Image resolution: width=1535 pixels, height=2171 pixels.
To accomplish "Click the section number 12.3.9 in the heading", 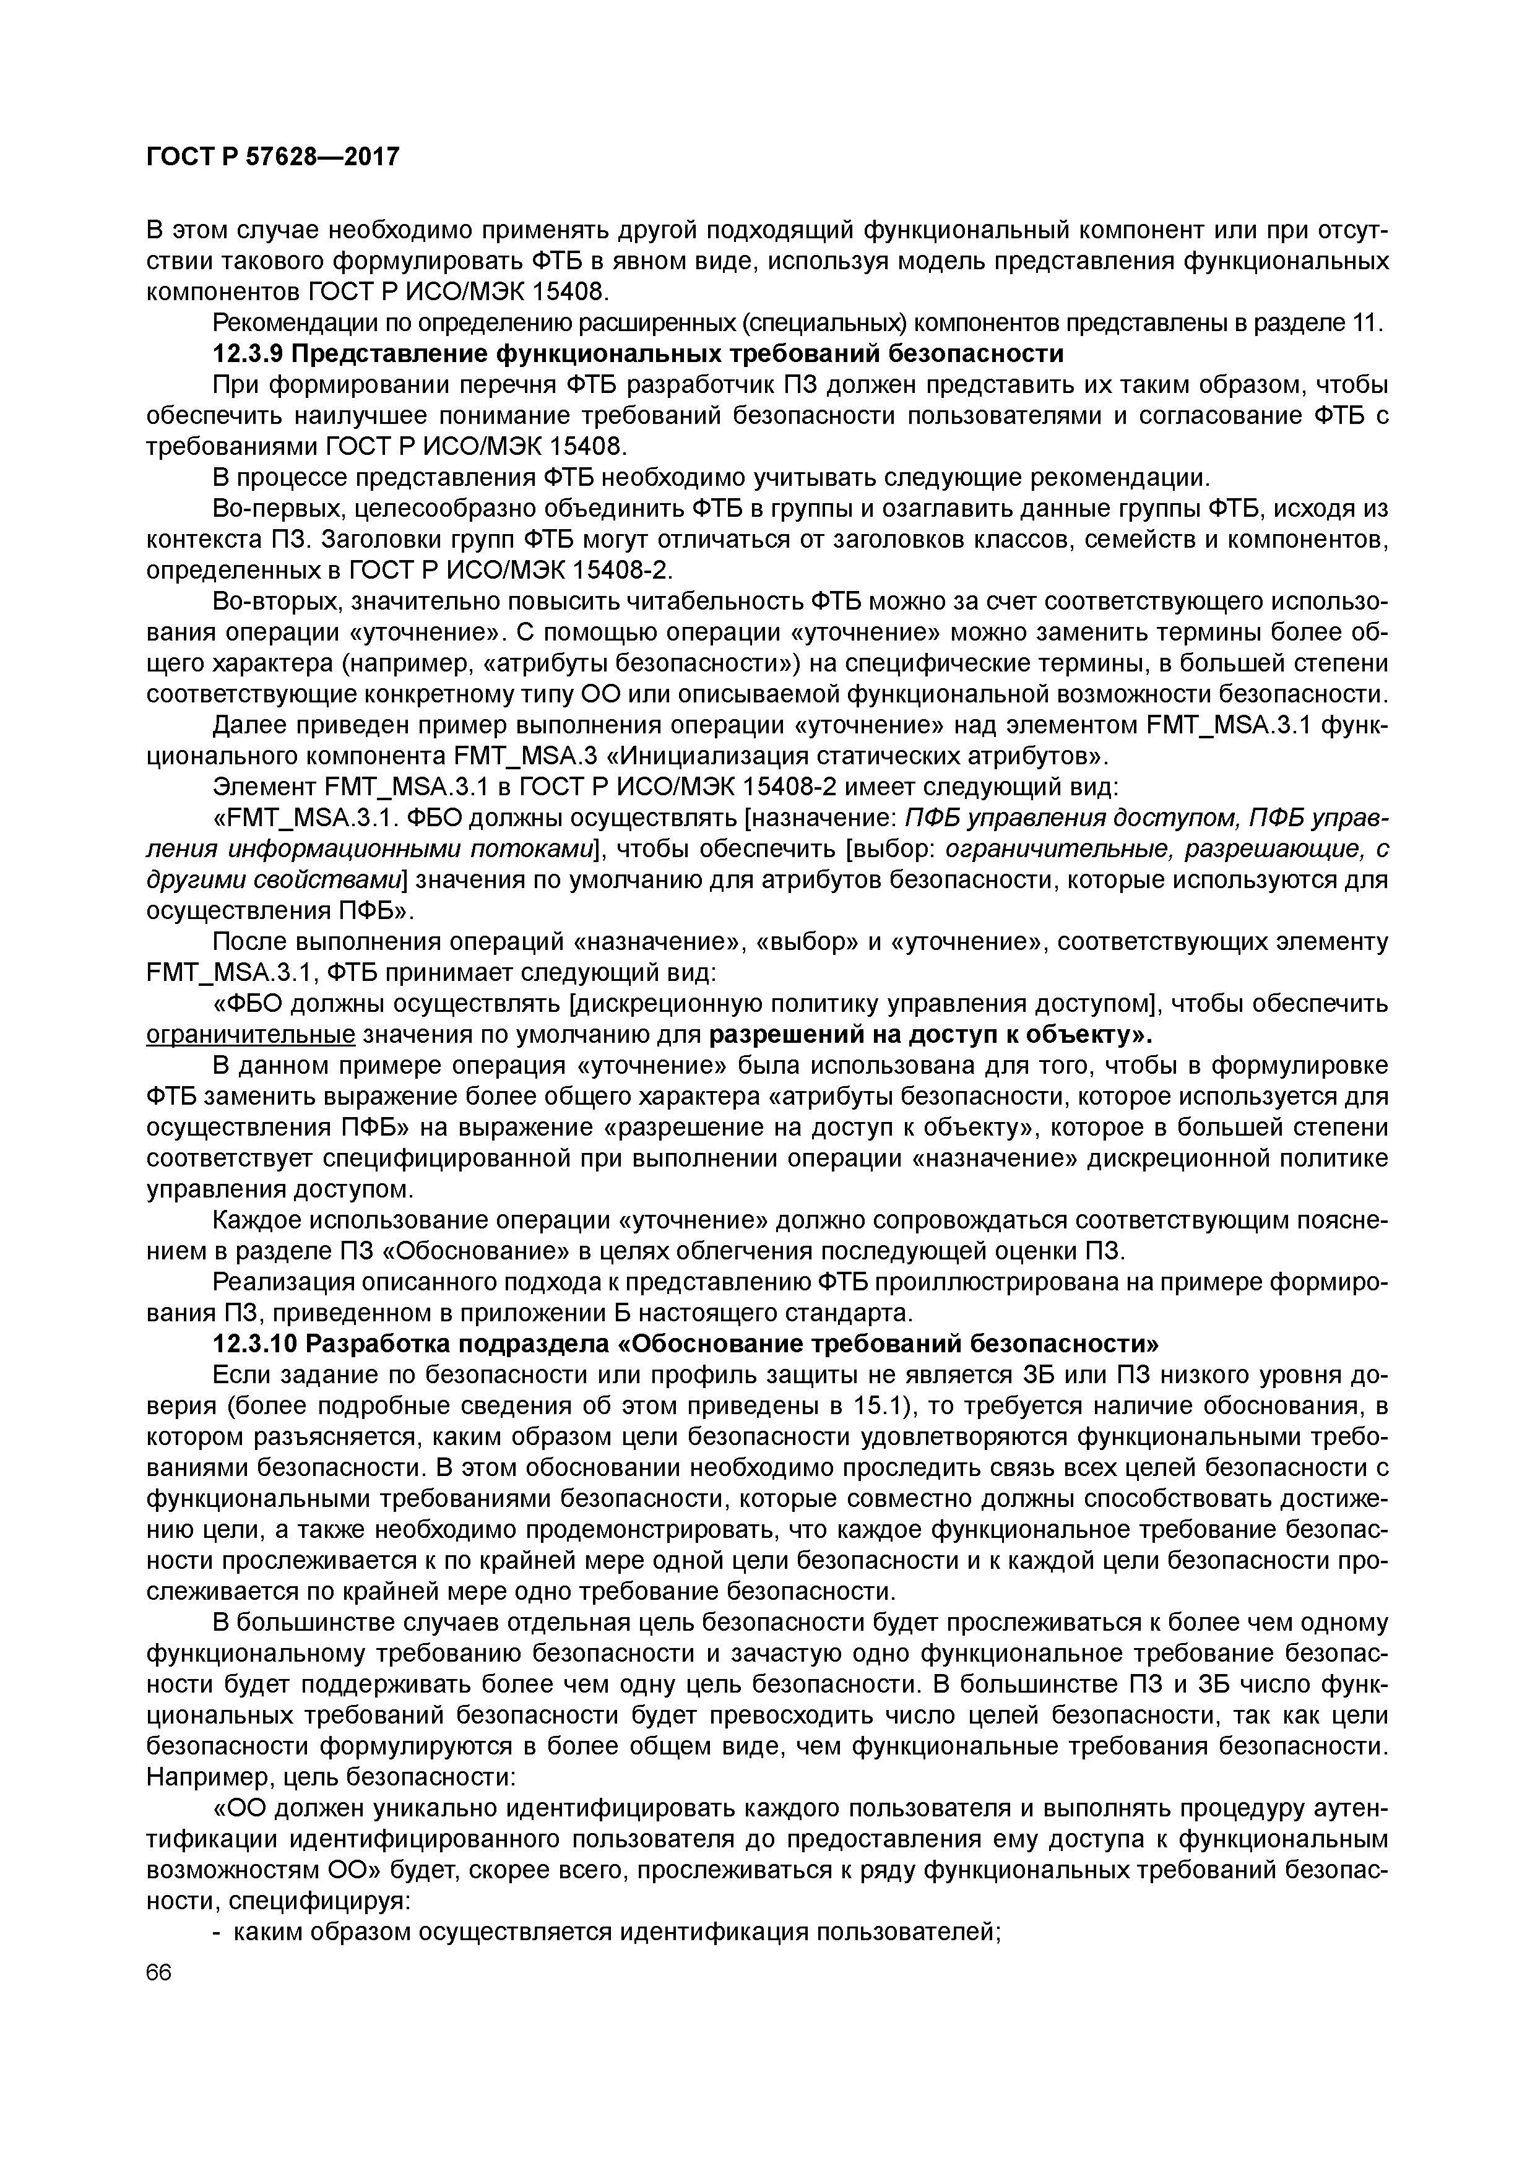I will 249,353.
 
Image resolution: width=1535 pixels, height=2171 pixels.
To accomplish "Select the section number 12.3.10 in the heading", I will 256,1344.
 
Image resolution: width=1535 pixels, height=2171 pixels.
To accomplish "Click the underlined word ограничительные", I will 251,1035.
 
